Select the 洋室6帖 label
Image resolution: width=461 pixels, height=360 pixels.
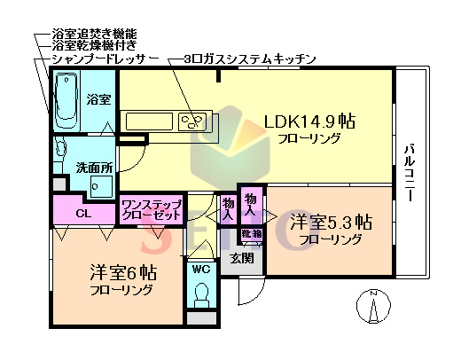(121, 272)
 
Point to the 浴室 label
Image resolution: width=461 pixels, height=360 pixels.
(98, 100)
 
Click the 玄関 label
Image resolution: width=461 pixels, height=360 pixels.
(242, 259)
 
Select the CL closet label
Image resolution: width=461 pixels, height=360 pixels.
(82, 213)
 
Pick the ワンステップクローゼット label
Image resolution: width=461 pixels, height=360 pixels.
(152, 209)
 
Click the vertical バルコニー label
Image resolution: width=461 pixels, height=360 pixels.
(410, 174)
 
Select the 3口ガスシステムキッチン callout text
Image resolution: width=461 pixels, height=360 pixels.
(249, 58)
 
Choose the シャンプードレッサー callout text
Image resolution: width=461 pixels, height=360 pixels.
(105, 57)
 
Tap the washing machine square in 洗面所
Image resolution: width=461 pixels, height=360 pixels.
(100, 187)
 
